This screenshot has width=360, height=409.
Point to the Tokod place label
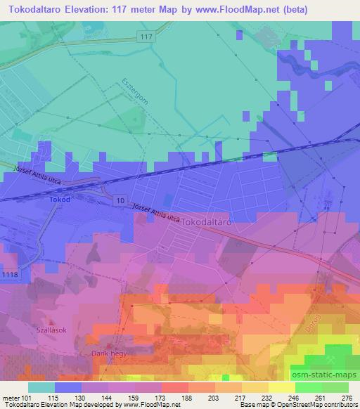60,200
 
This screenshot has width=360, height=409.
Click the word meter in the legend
9,398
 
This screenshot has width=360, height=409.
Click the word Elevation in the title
94,11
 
